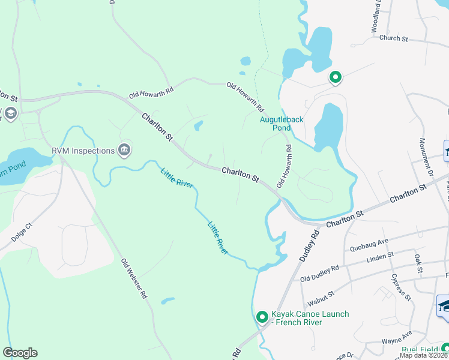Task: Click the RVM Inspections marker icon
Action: coord(124,150)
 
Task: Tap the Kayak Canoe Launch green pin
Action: coord(262,317)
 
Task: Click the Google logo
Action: coord(20,353)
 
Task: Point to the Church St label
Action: coord(393,38)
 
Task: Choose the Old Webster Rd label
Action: coord(134,279)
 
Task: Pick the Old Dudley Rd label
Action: coord(319,274)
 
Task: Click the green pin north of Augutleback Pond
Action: coord(335,77)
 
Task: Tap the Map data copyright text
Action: coord(423,355)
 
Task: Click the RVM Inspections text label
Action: coord(83,151)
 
